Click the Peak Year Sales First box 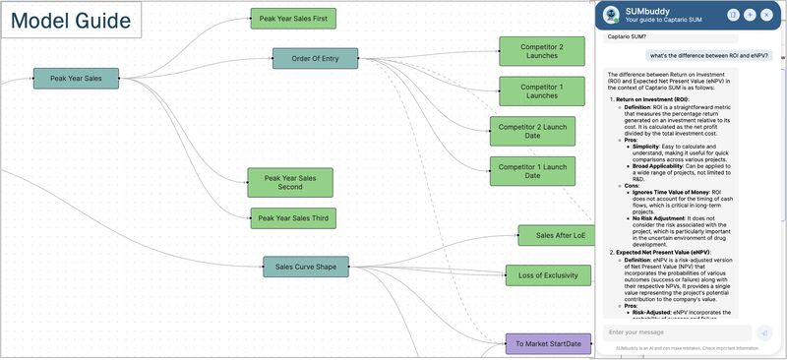coord(292,18)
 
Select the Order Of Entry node coord(315,59)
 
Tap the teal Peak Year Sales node coord(76,78)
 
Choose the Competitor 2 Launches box coord(541,51)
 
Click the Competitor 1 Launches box coord(541,90)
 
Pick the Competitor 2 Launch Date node coord(532,132)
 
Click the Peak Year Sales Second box coord(290,182)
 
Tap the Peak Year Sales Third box coord(292,217)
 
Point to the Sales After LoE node coord(561,236)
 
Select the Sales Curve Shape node coord(305,267)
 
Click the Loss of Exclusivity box coord(548,275)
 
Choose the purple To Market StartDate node coord(548,343)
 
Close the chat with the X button coord(766,15)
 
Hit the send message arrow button coord(763,333)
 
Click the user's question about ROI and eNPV coord(708,56)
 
